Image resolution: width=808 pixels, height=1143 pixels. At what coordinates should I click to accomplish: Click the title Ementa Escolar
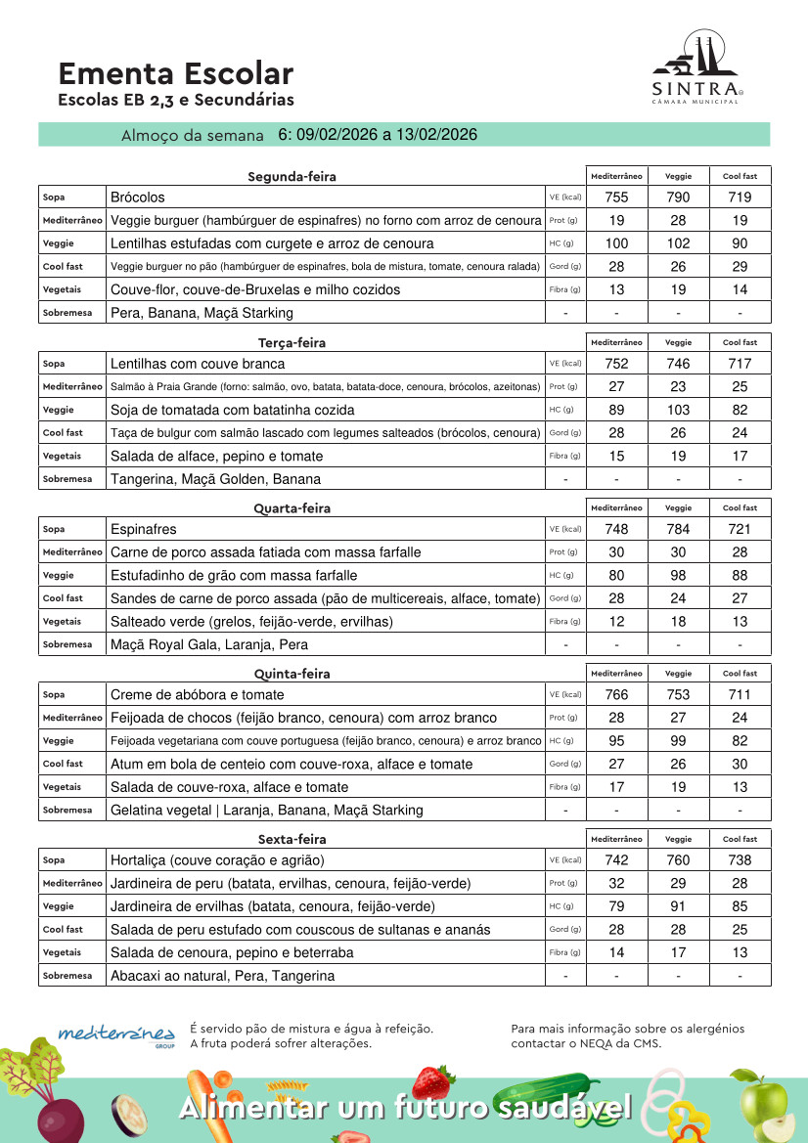coord(175,74)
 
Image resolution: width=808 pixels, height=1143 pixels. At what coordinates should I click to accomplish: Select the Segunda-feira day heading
coord(292,177)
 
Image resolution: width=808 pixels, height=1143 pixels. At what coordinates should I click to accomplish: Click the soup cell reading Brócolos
coord(138,198)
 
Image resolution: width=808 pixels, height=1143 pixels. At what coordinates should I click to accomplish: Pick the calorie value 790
coord(678,198)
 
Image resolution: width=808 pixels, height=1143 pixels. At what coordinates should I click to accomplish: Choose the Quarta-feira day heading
coord(292,508)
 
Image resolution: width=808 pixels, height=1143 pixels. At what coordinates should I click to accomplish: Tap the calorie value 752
coord(616,364)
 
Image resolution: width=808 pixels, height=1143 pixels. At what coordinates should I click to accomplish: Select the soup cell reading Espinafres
coord(144,529)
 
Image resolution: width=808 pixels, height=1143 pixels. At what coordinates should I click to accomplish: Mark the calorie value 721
coord(740,529)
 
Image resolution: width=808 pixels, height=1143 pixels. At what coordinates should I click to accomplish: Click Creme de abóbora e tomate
coord(198,695)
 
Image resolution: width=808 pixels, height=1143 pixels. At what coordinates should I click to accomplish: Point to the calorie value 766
coord(616,695)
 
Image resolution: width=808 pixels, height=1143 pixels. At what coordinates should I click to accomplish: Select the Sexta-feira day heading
coord(292,840)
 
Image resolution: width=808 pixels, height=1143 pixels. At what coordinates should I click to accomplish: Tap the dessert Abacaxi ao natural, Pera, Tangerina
coord(222,976)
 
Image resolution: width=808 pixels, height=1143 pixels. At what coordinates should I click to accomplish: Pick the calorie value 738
coord(740,860)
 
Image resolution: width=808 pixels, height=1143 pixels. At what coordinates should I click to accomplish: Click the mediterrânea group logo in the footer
coord(117,1034)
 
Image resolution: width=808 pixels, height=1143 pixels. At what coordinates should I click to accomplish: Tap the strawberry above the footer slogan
coord(431,1081)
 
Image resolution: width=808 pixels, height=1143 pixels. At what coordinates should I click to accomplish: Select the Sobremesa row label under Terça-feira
coord(67,479)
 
